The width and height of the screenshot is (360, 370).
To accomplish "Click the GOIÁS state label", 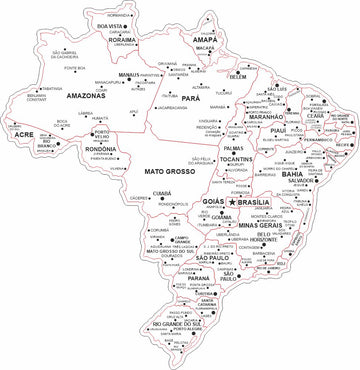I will (x=213, y=201).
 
